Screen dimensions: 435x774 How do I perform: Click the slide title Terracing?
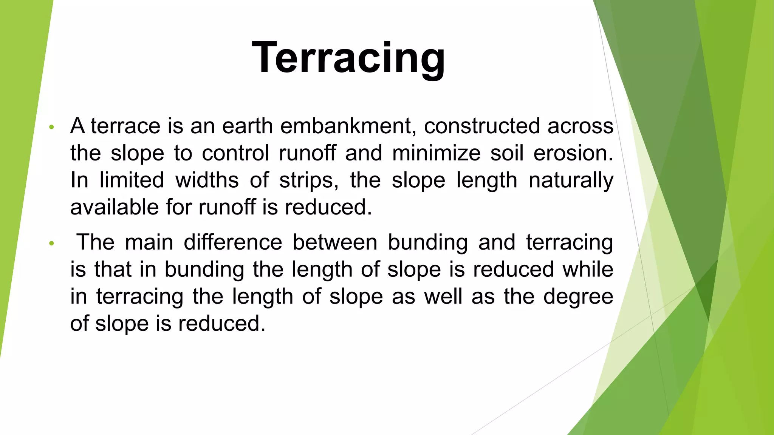[x=348, y=58]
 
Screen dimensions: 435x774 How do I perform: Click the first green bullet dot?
[x=52, y=127]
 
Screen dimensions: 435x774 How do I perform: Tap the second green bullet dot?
[x=52, y=244]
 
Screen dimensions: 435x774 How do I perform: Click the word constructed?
[x=482, y=126]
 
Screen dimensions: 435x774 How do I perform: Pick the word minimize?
[x=436, y=153]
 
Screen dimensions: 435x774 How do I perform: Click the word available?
[x=114, y=207]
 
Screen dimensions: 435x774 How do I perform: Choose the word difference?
[x=233, y=242]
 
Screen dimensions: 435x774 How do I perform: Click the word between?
[x=335, y=242]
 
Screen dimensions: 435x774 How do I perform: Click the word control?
[x=235, y=153]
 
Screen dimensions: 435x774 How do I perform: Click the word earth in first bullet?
[x=247, y=126]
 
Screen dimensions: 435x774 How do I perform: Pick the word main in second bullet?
[x=149, y=242]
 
